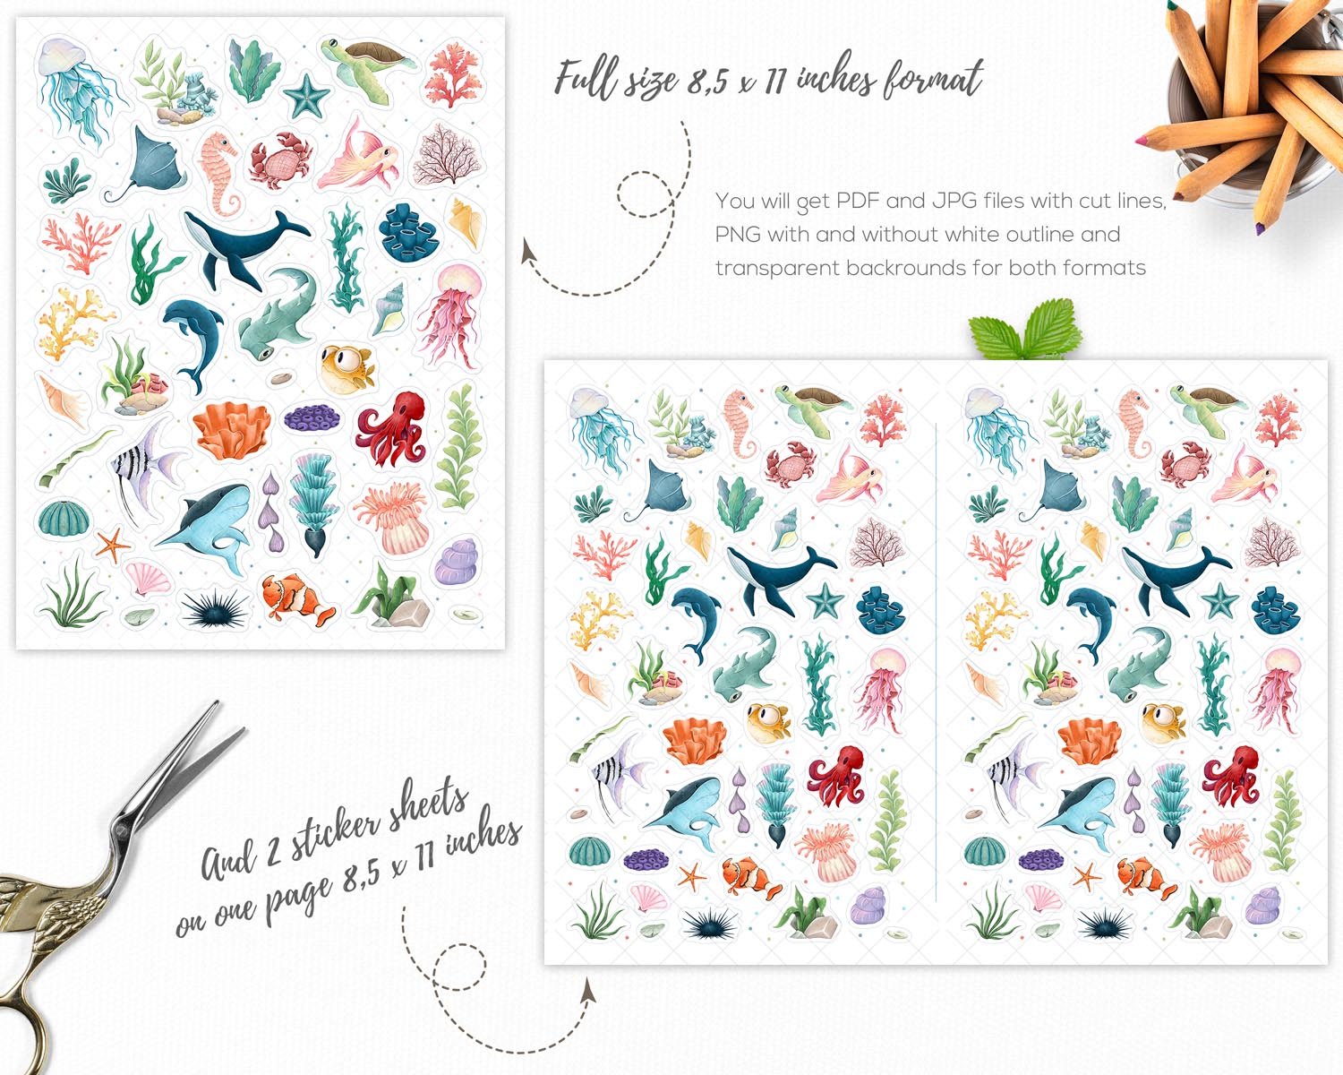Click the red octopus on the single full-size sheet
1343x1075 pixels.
click(391, 429)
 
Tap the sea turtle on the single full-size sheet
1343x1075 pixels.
click(367, 67)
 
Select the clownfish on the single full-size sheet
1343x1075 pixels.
click(297, 599)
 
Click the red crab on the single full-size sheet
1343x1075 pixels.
click(280, 160)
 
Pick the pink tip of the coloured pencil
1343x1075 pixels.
click(1141, 140)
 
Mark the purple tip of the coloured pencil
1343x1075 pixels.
click(1260, 229)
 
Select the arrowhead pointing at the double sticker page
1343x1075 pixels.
click(586, 991)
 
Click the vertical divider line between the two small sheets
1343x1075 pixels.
click(937, 662)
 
